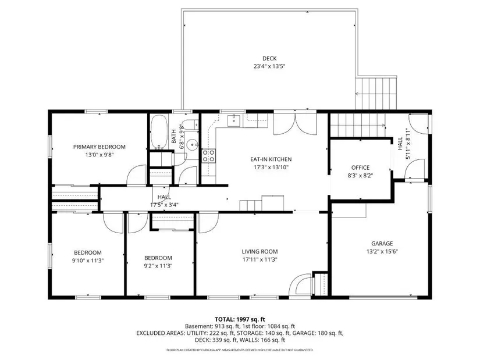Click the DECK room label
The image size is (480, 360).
pyautogui.click(x=269, y=59)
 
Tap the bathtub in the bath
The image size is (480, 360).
pyautogui.click(x=159, y=131)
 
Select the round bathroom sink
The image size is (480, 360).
pyautogui.click(x=193, y=144)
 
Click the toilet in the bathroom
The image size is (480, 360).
pyautogui.click(x=192, y=124)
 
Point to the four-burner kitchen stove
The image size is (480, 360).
pyautogui.click(x=208, y=155)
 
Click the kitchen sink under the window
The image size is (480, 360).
pyautogui.click(x=235, y=120)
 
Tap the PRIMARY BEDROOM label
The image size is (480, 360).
pyautogui.click(x=99, y=147)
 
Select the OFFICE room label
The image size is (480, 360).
pyautogui.click(x=360, y=167)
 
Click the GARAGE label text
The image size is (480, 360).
pyautogui.click(x=382, y=244)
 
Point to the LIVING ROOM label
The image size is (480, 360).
pyautogui.click(x=259, y=252)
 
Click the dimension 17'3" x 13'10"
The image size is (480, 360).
pyautogui.click(x=271, y=167)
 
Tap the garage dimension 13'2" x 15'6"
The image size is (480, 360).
pyautogui.click(x=382, y=252)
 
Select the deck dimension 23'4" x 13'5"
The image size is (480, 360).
pyautogui.click(x=269, y=66)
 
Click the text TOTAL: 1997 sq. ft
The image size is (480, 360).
pyautogui.click(x=240, y=320)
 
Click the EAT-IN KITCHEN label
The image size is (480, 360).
pyautogui.click(x=271, y=159)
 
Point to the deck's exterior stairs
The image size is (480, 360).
pyautogui.click(x=376, y=94)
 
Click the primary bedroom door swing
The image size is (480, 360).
pyautogui.click(x=137, y=175)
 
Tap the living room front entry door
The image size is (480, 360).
pyautogui.click(x=300, y=285)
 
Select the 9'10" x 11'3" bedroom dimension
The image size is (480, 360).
pyautogui.click(x=87, y=261)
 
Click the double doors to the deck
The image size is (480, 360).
pyautogui.click(x=295, y=124)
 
